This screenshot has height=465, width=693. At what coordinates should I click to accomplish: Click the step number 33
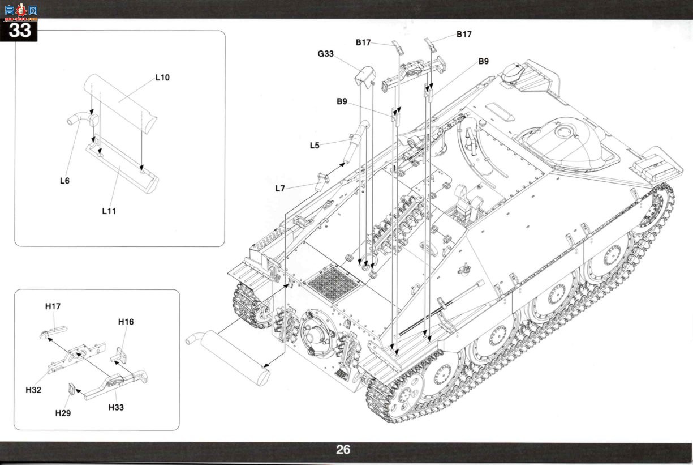coord(20,31)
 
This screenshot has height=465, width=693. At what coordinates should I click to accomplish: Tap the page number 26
coord(343,450)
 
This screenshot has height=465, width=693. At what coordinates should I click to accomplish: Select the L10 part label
coord(162,78)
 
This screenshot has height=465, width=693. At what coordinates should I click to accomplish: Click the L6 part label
coord(64,181)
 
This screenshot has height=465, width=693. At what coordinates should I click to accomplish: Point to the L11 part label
coord(109,211)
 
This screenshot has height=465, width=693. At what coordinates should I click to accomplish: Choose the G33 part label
coord(326,54)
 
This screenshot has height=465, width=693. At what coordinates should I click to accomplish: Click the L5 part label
coord(315,146)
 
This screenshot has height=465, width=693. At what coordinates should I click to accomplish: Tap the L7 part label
coord(280,189)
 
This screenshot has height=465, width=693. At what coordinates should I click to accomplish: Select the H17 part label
coord(53,306)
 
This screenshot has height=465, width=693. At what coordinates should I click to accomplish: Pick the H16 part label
coord(126,322)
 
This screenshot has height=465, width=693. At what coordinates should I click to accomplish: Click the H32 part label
coord(33,390)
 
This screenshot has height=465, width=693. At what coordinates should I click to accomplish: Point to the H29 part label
coord(63,413)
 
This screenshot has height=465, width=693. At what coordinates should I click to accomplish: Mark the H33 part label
coord(116,407)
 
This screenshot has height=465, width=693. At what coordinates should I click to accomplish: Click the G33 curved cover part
coord(364,76)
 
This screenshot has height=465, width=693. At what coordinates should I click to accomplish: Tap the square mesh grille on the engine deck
coord(334,284)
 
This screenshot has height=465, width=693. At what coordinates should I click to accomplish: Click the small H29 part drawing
coord(72,389)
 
